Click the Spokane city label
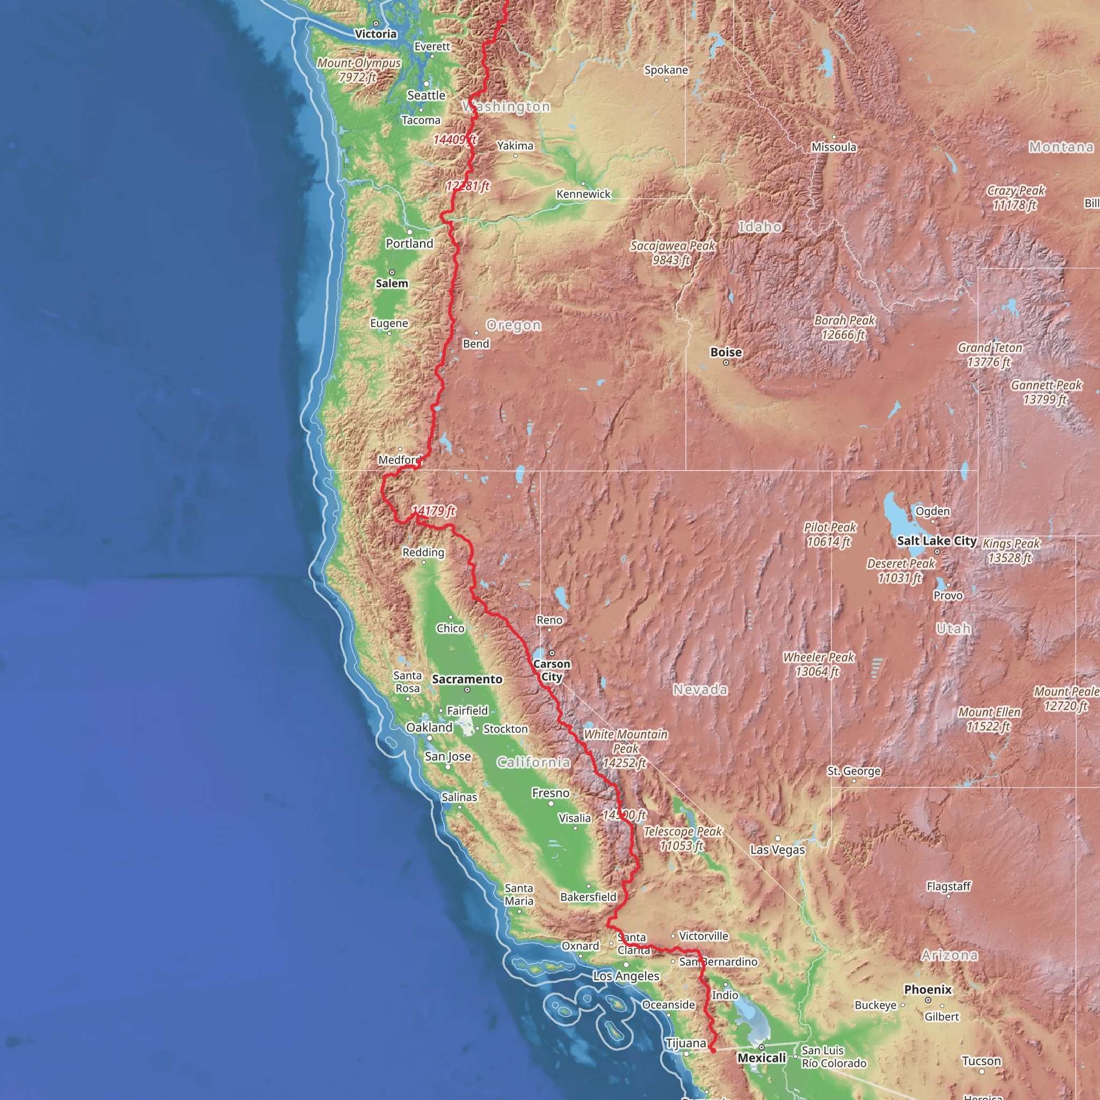click(666, 70)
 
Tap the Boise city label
click(726, 352)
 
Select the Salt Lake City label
click(937, 541)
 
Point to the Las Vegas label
click(777, 850)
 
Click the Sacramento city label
click(467, 679)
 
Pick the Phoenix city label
click(928, 989)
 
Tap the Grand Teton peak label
click(989, 354)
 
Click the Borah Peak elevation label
click(844, 328)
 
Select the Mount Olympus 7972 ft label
click(359, 70)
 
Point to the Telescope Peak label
click(682, 838)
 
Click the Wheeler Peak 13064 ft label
click(818, 664)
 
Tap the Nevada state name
click(700, 690)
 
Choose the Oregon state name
click(513, 325)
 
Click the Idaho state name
click(759, 227)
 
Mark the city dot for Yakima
click(516, 156)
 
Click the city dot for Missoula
click(834, 137)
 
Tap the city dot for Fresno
click(551, 804)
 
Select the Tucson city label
click(981, 1061)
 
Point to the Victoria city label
click(375, 34)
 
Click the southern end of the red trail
click(713, 1051)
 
